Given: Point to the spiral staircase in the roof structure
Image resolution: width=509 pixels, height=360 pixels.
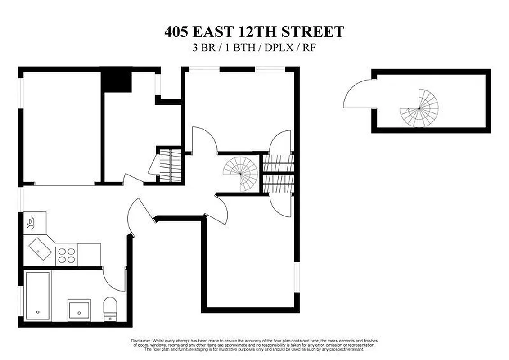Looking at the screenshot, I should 419,108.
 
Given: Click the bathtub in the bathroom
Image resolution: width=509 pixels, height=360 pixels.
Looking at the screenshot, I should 38,295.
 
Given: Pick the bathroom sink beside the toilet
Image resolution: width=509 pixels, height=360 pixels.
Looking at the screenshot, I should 80,309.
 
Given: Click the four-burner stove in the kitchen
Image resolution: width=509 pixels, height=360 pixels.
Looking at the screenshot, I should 67,255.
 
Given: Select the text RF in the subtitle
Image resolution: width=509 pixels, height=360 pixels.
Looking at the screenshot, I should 309,48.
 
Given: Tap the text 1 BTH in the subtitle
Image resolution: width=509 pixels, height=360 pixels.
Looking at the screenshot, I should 238,48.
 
